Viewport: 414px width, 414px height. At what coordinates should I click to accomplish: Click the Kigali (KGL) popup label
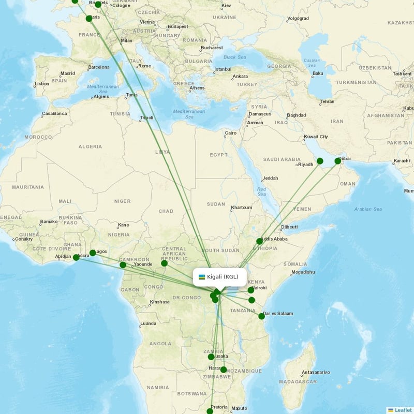[x=223, y=277]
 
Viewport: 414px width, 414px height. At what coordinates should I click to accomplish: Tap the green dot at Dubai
[x=338, y=161]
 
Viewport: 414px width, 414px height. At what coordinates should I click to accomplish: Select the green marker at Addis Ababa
[x=259, y=241]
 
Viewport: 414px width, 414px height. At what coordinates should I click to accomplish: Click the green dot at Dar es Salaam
[x=262, y=316]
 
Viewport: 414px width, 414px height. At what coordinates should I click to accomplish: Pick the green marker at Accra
[x=76, y=257]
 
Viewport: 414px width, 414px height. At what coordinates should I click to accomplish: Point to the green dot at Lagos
[x=93, y=253]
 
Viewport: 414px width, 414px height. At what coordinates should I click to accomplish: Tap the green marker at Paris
[x=89, y=19]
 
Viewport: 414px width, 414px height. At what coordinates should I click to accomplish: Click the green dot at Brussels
[x=98, y=5]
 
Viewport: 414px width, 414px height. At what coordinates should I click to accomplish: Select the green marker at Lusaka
[x=211, y=357]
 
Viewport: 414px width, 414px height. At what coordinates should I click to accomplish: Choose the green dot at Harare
[x=224, y=369]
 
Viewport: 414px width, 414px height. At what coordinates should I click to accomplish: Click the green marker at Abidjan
[x=76, y=257]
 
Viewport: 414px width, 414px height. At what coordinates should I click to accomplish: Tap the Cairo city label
[x=230, y=134]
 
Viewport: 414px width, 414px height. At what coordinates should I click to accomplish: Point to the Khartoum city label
[x=242, y=208]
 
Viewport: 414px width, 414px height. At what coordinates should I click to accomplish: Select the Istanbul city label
[x=223, y=69]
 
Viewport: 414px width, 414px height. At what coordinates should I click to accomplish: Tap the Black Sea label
[x=235, y=57]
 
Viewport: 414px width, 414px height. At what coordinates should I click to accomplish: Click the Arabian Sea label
[x=368, y=209]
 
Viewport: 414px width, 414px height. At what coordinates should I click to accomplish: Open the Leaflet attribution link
[x=403, y=410]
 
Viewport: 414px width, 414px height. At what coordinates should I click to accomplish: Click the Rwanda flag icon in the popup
[x=202, y=277]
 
